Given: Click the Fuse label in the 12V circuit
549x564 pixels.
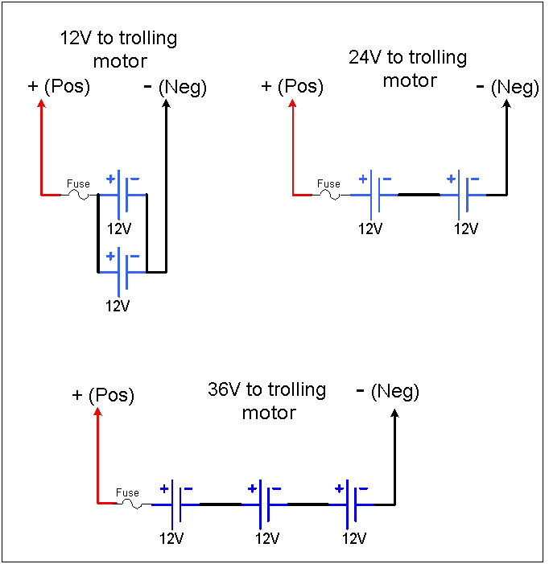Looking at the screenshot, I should (x=77, y=183).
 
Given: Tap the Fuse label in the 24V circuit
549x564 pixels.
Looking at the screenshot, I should (x=328, y=183).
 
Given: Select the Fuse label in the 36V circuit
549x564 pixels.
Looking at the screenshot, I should (x=127, y=492).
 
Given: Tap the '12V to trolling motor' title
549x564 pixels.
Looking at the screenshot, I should (x=118, y=49).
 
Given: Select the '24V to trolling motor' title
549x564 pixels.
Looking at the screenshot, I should (x=408, y=68).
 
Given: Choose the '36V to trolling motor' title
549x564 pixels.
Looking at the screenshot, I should (x=266, y=401).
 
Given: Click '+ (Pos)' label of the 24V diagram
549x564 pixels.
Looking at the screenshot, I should (x=293, y=86).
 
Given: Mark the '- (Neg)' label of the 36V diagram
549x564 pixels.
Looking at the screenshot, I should (x=387, y=392).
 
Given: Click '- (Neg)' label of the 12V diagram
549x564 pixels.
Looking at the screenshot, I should (x=175, y=87).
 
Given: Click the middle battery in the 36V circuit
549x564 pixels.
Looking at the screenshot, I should (x=266, y=504).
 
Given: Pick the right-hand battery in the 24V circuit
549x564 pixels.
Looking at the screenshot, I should (x=463, y=195).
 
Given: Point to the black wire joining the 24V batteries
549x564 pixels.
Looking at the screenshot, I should (x=419, y=195).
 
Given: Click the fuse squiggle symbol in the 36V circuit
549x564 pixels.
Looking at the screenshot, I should (x=131, y=504).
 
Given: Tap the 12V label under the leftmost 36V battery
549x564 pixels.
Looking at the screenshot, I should (x=171, y=537).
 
